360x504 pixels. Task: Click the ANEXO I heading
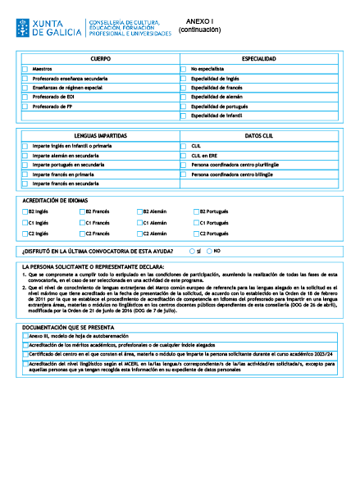pos(199,22)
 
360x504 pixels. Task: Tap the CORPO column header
pos(101,60)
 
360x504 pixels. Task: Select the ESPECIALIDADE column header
pos(258,60)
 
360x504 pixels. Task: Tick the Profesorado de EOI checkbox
pos(25,97)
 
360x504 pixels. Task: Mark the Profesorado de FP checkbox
pos(25,107)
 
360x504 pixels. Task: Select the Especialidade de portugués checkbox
pos(184,107)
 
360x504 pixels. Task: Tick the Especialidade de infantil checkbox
pos(184,116)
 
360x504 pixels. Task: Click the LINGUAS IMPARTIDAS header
pos(101,135)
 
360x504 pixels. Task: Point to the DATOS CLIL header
pos(258,135)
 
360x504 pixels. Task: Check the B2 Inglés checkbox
pos(25,211)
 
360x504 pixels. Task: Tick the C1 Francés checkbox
pos(82,222)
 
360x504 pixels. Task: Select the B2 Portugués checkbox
pos(196,211)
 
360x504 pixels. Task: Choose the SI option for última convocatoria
pos(192,251)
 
